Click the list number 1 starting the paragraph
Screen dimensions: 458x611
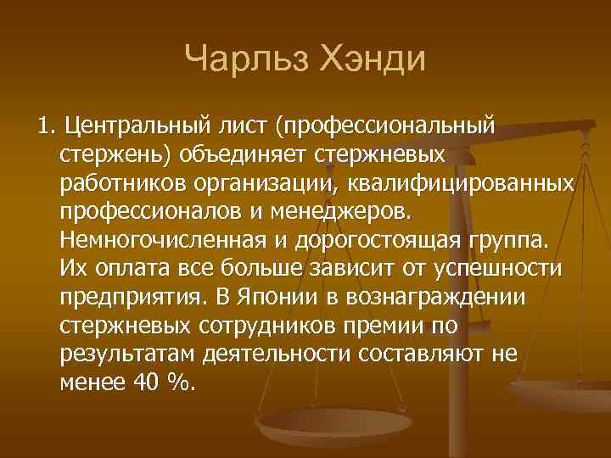[44, 128]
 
